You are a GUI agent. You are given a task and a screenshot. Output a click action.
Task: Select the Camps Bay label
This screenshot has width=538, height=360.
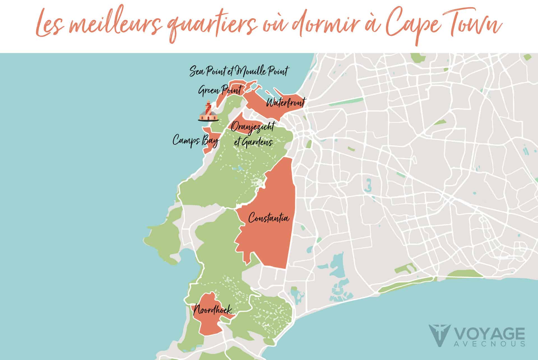[195, 141]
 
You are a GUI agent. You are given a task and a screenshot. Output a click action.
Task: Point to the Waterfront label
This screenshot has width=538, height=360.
[285, 103]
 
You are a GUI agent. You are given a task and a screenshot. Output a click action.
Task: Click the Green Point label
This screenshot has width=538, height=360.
[220, 90]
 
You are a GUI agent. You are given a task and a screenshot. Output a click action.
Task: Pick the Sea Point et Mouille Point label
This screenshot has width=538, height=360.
[238, 71]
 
